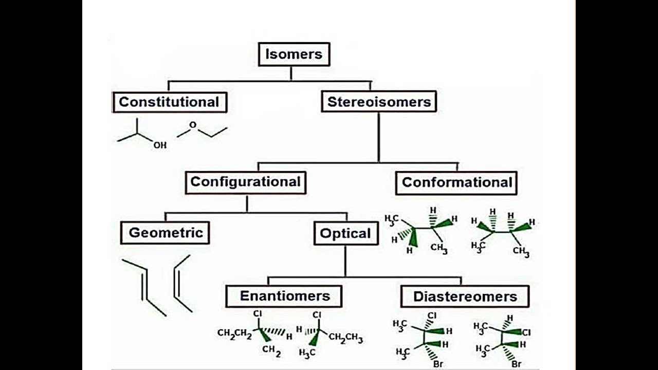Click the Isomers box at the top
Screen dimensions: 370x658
pyautogui.click(x=294, y=54)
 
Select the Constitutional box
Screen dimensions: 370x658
pyautogui.click(x=169, y=102)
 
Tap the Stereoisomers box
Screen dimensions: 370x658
pyautogui.click(x=379, y=102)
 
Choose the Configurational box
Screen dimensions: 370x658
pyautogui.click(x=245, y=182)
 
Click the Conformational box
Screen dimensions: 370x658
pyautogui.click(x=456, y=182)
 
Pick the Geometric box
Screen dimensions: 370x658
pyautogui.click(x=166, y=233)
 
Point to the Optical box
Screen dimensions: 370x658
pyautogui.click(x=345, y=233)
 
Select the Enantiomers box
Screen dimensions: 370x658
pyautogui.click(x=284, y=297)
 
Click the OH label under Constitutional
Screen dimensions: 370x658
pyautogui.click(x=160, y=145)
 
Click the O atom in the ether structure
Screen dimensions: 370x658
pyautogui.click(x=193, y=125)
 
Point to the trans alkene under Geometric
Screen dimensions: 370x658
pyautogui.click(x=144, y=287)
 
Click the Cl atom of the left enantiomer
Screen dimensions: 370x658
pyautogui.click(x=258, y=313)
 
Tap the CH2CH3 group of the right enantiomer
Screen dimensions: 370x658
pyautogui.click(x=345, y=339)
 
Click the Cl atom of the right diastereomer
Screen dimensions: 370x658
pyautogui.click(x=526, y=332)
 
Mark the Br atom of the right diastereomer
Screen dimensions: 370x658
pyautogui.click(x=517, y=364)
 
